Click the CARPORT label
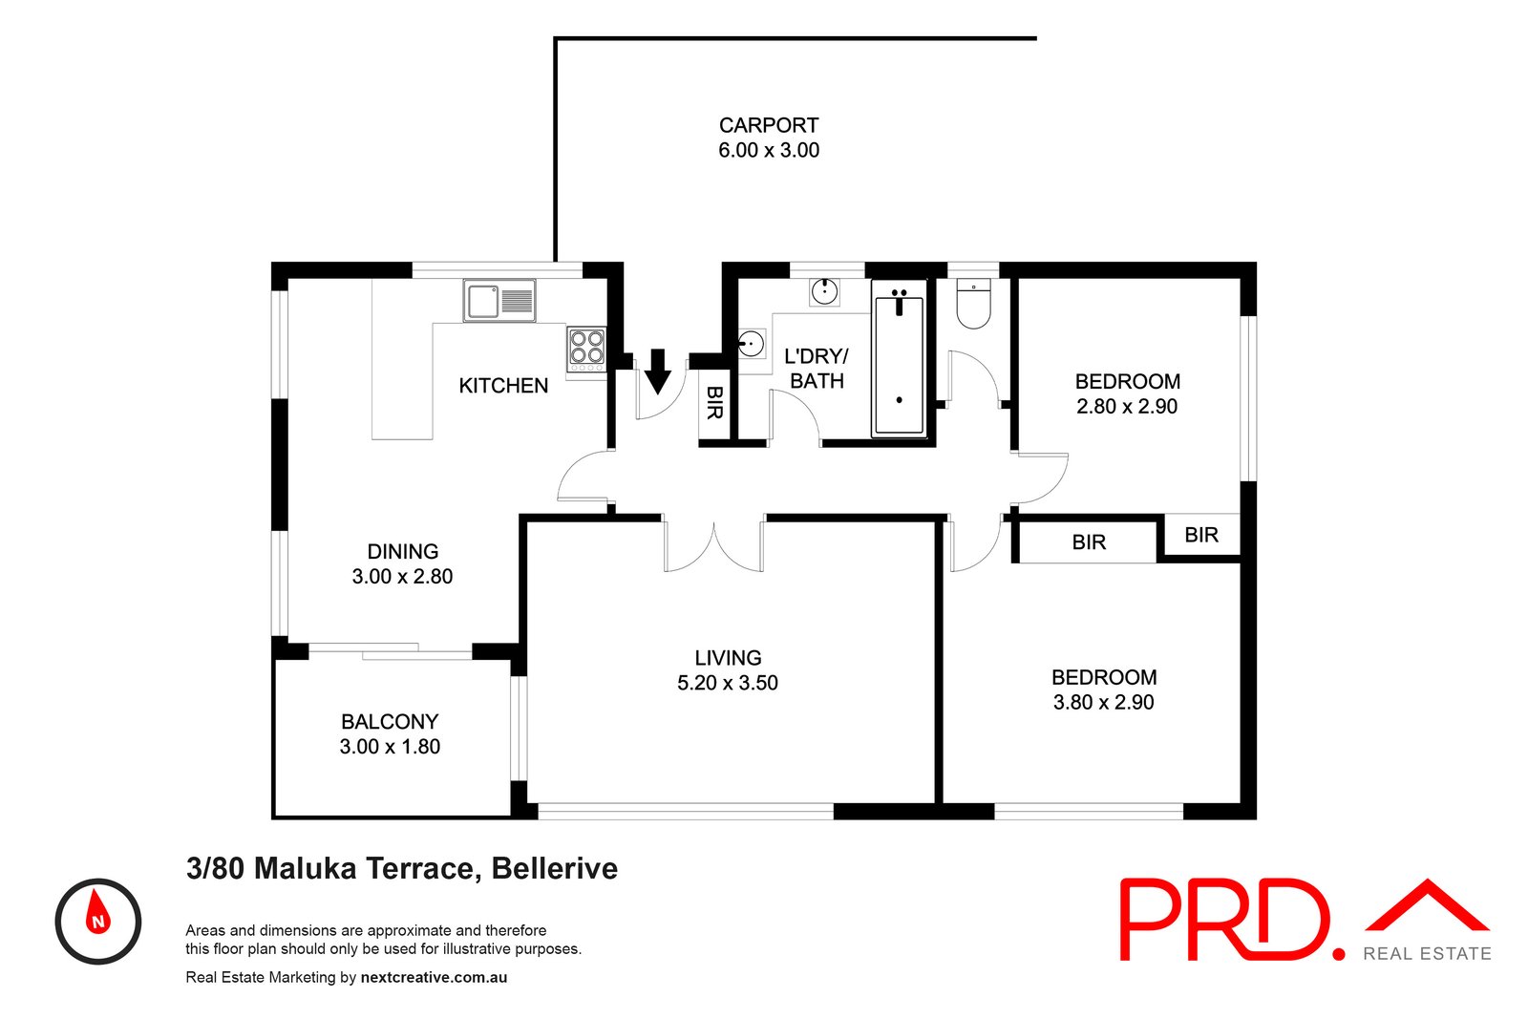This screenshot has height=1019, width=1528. pyautogui.click(x=768, y=125)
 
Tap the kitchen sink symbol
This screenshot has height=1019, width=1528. pyautogui.click(x=499, y=301)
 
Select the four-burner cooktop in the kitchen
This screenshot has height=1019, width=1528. pyautogui.click(x=586, y=350)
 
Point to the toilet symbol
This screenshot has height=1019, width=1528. pyautogui.click(x=974, y=304)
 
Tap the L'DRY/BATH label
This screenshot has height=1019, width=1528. pyautogui.click(x=817, y=369)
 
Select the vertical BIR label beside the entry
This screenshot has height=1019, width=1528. pyautogui.click(x=714, y=402)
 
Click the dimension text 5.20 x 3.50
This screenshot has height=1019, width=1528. pyautogui.click(x=728, y=683)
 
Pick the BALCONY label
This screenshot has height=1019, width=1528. pyautogui.click(x=390, y=722)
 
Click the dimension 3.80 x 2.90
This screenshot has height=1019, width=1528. pyautogui.click(x=1103, y=702)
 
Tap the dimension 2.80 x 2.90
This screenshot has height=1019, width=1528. pyautogui.click(x=1127, y=406)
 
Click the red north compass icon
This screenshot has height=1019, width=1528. pyautogui.click(x=97, y=921)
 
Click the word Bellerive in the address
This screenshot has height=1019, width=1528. pyautogui.click(x=554, y=868)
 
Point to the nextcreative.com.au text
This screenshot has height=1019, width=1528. pyautogui.click(x=434, y=977)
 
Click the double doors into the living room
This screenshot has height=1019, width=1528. pyautogui.click(x=713, y=544)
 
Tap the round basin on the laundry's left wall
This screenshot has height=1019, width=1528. pyautogui.click(x=752, y=344)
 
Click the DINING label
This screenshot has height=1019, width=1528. pyautogui.click(x=403, y=551)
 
